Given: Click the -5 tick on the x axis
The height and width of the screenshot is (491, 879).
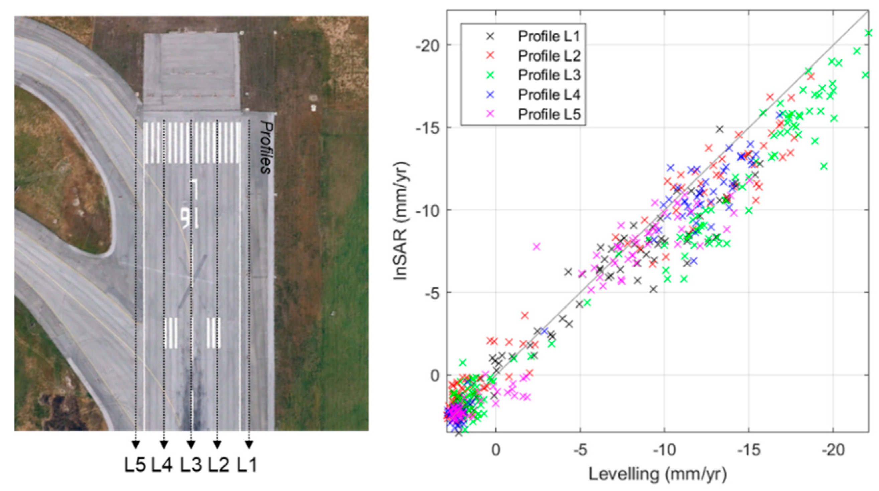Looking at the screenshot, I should [580, 450].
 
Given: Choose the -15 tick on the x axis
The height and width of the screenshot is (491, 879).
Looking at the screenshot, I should [749, 450].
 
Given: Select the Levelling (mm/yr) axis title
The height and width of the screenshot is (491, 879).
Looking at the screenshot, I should [657, 474].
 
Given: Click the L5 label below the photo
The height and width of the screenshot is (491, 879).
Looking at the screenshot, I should [135, 465].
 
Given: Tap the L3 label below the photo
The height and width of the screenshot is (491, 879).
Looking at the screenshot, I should [191, 465].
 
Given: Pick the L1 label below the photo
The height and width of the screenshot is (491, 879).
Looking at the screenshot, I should [247, 465].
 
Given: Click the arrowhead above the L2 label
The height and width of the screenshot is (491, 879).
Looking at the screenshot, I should [217, 444].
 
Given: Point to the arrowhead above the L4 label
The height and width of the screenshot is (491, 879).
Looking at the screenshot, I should [164, 444].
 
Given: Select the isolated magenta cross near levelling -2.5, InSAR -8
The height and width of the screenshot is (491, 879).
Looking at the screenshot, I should [537, 247].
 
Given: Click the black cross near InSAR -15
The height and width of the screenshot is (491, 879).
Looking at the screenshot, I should [720, 129].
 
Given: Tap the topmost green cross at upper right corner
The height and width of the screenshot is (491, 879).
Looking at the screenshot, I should [869, 33].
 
